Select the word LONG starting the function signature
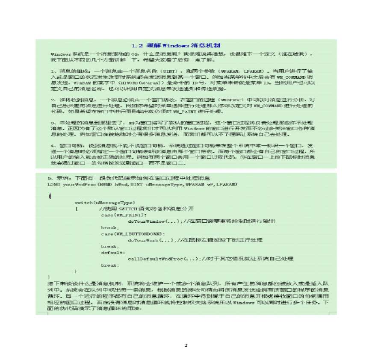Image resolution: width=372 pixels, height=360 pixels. click(53, 184)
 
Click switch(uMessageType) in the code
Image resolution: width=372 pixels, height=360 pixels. click(105, 202)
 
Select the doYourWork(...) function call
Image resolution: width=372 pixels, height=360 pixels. click(150, 240)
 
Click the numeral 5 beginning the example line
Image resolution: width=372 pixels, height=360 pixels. click(50, 178)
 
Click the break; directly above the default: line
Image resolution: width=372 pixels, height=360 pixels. click(109, 246)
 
